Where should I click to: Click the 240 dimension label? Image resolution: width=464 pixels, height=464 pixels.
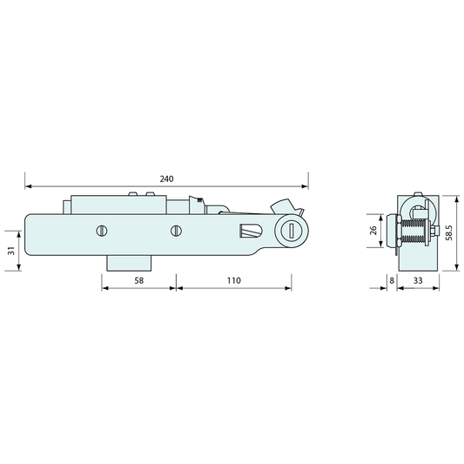(166, 178)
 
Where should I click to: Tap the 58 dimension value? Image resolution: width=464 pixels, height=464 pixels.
(138, 280)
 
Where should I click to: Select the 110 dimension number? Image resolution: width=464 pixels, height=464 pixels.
(234, 280)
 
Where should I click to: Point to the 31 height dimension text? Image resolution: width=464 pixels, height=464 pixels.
(11, 251)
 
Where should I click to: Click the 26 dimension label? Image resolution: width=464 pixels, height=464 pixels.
(373, 230)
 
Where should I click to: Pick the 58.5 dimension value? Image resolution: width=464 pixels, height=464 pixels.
(449, 233)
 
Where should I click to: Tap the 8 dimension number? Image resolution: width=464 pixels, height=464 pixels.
(392, 280)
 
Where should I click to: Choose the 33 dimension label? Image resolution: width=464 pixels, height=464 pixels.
(418, 280)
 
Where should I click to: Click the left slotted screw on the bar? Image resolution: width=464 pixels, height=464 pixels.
(102, 231)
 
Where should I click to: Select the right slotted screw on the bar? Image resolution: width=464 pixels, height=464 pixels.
(176, 231)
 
